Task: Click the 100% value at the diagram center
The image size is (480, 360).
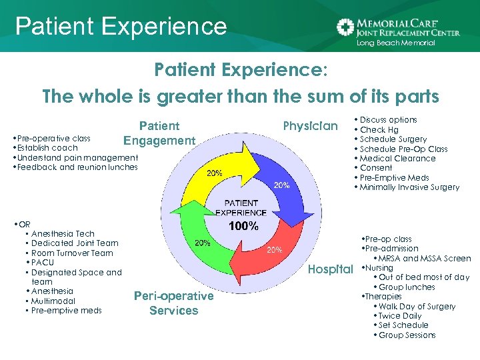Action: pyautogui.click(x=243, y=226)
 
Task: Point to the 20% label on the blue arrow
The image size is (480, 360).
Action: pyautogui.click(x=281, y=185)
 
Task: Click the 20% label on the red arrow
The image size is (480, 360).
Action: pyautogui.click(x=274, y=250)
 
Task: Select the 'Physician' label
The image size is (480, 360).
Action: pyautogui.click(x=311, y=126)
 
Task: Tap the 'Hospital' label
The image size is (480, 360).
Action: pyautogui.click(x=331, y=269)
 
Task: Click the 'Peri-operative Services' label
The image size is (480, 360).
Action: pyautogui.click(x=174, y=303)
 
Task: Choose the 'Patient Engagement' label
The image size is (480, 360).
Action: pyautogui.click(x=159, y=133)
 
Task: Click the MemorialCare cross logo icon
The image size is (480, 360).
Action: pyautogui.click(x=345, y=27)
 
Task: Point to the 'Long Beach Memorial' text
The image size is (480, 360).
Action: pyautogui.click(x=395, y=43)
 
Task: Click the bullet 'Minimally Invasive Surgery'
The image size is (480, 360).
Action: pyautogui.click(x=409, y=187)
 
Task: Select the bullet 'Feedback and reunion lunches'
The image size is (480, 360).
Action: pyautogui.click(x=77, y=167)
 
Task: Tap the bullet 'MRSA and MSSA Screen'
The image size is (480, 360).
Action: pyautogui.click(x=425, y=259)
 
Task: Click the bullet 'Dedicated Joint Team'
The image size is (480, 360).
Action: pyautogui.click(x=75, y=243)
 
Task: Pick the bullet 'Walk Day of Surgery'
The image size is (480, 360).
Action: pyautogui.click(x=417, y=307)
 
